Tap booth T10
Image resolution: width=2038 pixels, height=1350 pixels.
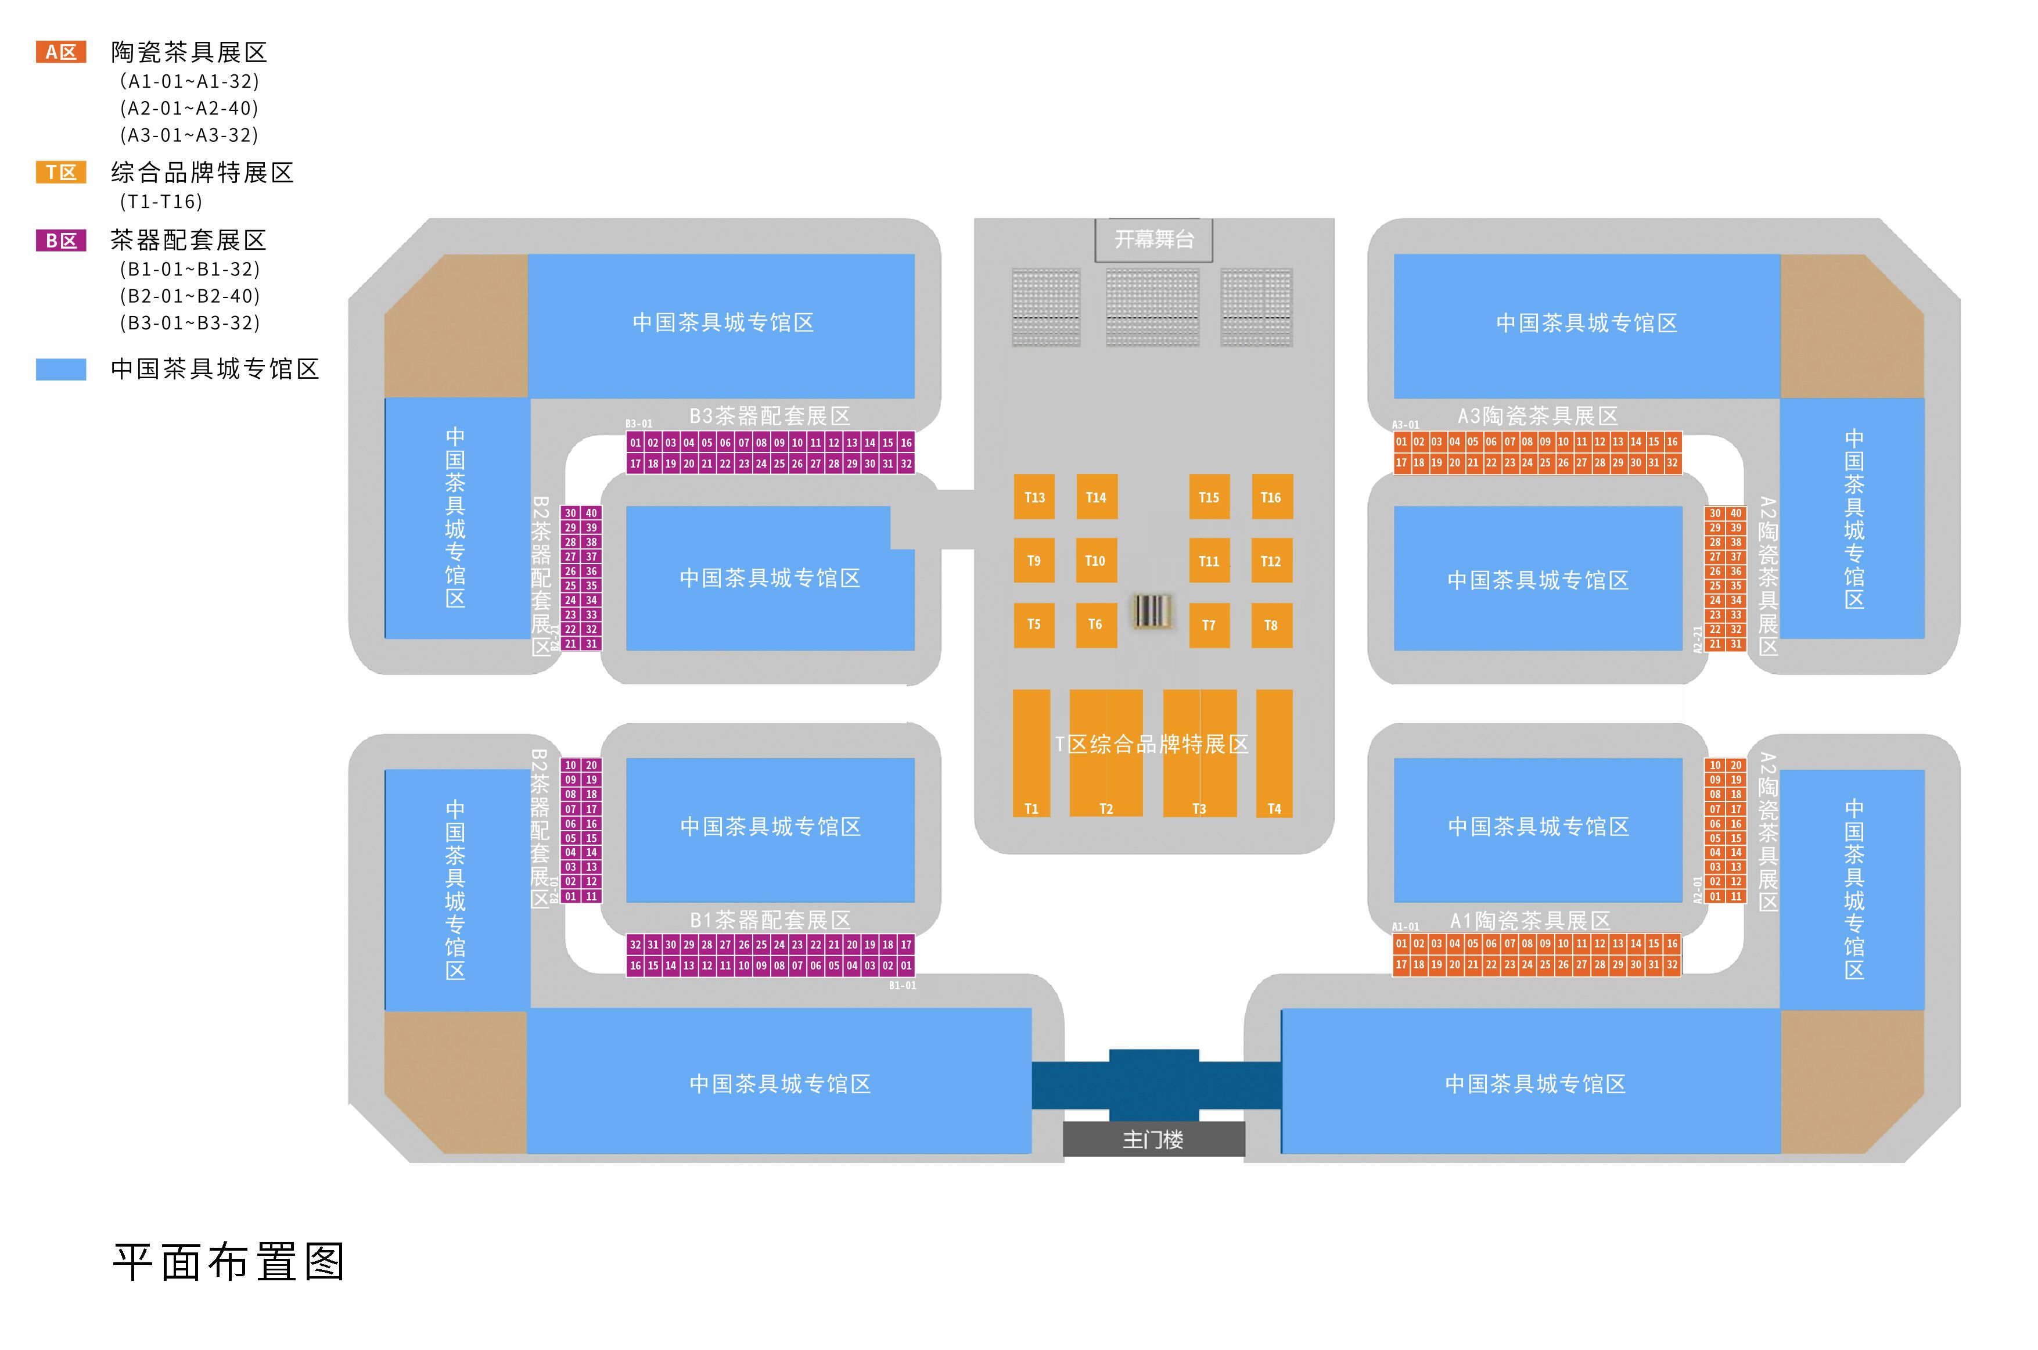coord(1095,561)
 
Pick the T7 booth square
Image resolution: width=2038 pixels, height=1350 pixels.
coord(1209,625)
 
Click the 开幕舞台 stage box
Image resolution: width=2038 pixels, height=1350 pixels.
coord(1153,239)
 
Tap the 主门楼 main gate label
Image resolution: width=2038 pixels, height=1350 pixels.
coord(1153,1139)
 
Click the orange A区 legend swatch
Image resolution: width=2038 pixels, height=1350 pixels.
coord(61,52)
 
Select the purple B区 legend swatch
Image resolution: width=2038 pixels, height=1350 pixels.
coord(61,240)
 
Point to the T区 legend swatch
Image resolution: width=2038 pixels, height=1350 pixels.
coord(61,172)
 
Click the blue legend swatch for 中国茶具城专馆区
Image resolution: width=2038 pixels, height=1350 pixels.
coord(61,369)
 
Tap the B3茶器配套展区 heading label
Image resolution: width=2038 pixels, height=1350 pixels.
coord(770,416)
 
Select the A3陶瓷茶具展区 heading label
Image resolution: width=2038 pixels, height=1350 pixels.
coord(1537,416)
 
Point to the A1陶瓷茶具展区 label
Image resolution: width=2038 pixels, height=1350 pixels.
coord(1530,920)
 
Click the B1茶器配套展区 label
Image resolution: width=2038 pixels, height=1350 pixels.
coord(770,920)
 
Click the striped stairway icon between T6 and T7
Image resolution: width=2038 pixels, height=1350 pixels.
coord(1152,611)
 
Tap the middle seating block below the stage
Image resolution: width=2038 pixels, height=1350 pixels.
coord(1152,307)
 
